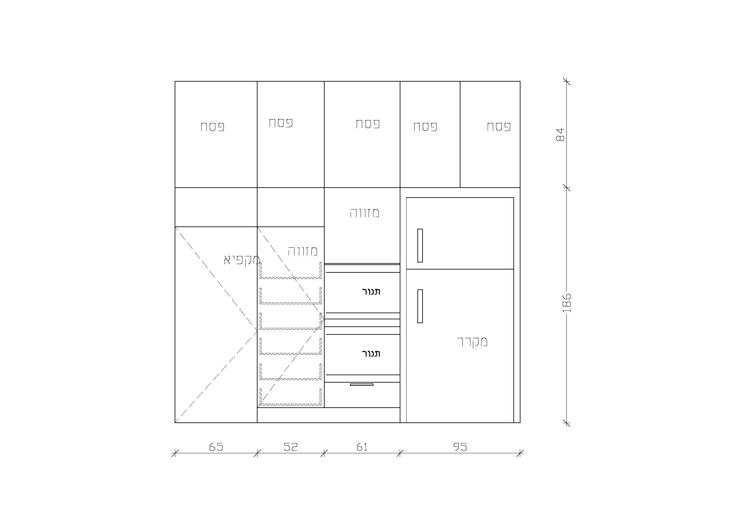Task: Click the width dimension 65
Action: tap(216, 447)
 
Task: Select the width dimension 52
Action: tap(291, 447)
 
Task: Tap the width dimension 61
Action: tap(362, 447)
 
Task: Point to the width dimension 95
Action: tap(460, 447)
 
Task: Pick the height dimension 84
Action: tap(560, 135)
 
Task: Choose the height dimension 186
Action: tap(567, 303)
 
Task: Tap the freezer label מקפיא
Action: tap(242, 260)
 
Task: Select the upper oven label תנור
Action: tap(371, 292)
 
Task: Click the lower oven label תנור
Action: tap(371, 354)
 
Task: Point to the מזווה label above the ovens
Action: tap(365, 213)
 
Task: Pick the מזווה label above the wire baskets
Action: tap(302, 251)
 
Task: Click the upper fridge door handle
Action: tap(420, 245)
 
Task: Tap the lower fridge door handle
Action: tap(420, 306)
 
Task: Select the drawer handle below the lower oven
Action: tap(362, 385)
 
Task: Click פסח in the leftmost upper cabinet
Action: tap(213, 127)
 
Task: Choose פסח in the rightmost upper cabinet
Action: tap(499, 127)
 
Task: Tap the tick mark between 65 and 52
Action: tap(257, 453)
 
